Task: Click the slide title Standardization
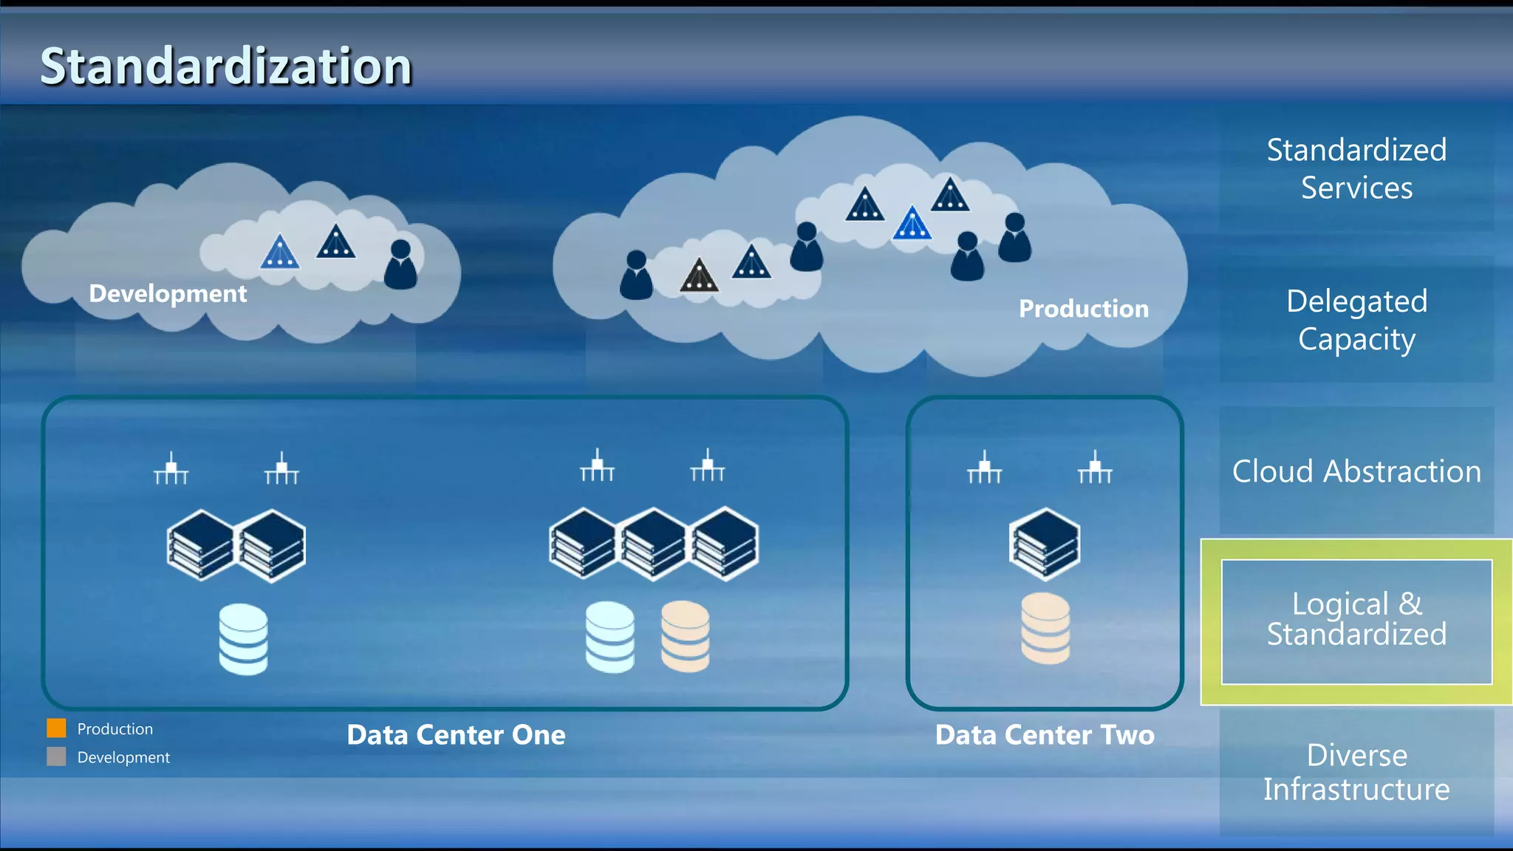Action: coord(225,66)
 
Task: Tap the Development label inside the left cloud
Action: coord(168,293)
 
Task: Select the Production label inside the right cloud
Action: coord(1083,308)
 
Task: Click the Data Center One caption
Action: coord(456,735)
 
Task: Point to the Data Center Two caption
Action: coord(1044,735)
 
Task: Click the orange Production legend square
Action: coord(56,728)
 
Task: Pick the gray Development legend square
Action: coord(56,756)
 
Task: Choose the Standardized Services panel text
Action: coord(1356,168)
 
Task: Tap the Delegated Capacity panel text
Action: coord(1356,320)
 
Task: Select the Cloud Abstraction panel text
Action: coord(1356,471)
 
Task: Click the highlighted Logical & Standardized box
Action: coord(1356,621)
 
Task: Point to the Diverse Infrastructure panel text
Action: coord(1356,772)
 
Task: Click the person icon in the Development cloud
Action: coord(400,264)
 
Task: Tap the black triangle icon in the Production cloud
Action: coord(699,276)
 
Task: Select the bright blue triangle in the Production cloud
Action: coord(912,223)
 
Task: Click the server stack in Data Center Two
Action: coord(1045,544)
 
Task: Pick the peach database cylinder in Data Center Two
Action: coord(1045,628)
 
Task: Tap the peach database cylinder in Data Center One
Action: coord(685,636)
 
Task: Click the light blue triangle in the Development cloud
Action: coord(279,252)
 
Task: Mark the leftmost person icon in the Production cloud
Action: coord(636,275)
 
